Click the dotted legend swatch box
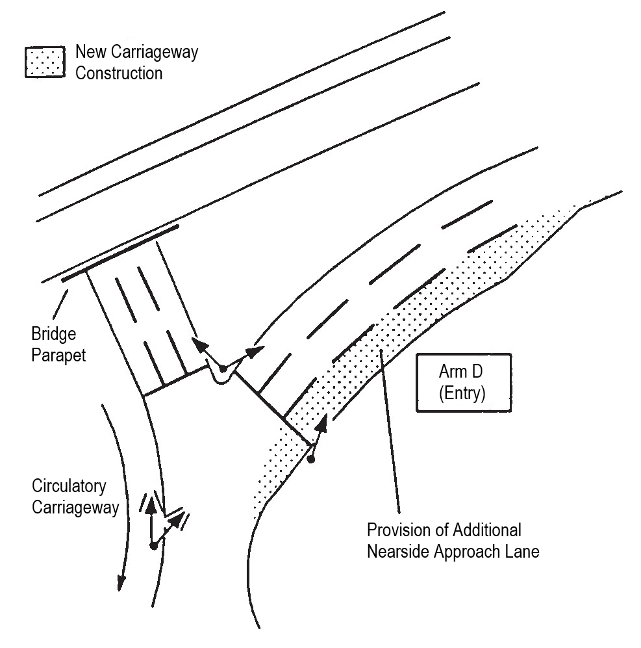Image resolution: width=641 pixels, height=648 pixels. click(45, 63)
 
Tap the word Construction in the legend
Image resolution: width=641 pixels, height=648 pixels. click(119, 72)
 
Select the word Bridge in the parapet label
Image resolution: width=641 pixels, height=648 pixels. click(54, 335)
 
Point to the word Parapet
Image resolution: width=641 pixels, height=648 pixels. click(58, 356)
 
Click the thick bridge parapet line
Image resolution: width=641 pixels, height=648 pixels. click(121, 253)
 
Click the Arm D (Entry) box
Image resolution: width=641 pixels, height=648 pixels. click(462, 383)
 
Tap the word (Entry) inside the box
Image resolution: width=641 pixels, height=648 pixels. click(462, 394)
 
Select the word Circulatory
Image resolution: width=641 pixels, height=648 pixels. click(69, 486)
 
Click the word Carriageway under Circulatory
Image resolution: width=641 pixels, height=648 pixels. click(75, 506)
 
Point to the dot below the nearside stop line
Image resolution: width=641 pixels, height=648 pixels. click(311, 460)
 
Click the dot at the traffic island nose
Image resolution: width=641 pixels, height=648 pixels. click(223, 369)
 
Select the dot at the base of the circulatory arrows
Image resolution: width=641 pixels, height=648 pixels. click(153, 545)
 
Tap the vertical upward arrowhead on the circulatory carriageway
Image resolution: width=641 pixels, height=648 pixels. click(151, 503)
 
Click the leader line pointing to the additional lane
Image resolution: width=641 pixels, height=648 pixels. click(390, 429)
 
